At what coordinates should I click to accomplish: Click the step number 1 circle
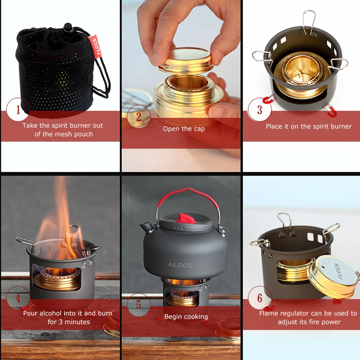click(x=18, y=109)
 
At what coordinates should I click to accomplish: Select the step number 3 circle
click(x=260, y=110)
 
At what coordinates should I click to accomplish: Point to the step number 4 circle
click(x=18, y=298)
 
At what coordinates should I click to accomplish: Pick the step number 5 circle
click(x=139, y=305)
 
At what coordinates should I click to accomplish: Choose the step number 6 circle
click(x=260, y=298)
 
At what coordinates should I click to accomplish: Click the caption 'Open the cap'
click(x=184, y=129)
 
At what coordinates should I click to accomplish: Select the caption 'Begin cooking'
click(x=186, y=317)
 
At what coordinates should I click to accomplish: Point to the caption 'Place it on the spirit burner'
click(x=309, y=126)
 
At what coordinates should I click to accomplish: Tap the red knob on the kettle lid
click(x=182, y=218)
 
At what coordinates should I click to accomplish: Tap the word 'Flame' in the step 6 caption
click(x=269, y=313)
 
